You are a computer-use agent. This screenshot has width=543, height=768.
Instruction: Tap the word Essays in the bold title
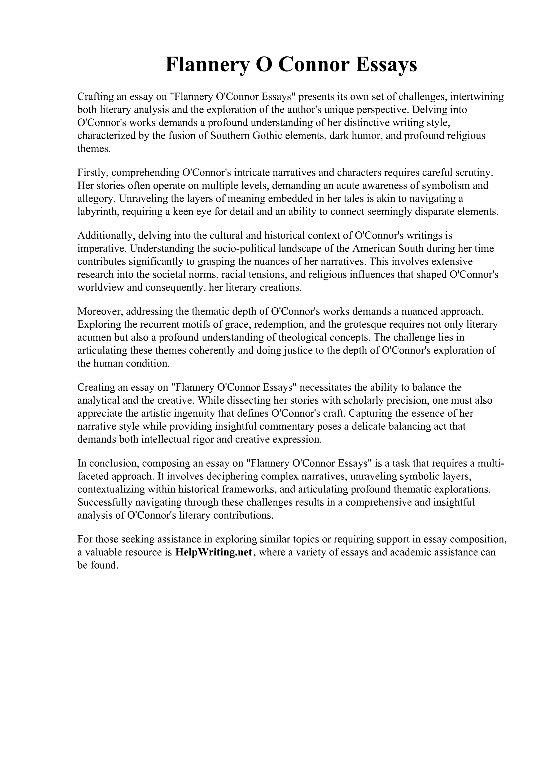click(386, 65)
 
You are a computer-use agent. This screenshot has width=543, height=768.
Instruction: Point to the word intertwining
click(477, 97)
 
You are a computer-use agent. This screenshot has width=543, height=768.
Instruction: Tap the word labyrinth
click(97, 212)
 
